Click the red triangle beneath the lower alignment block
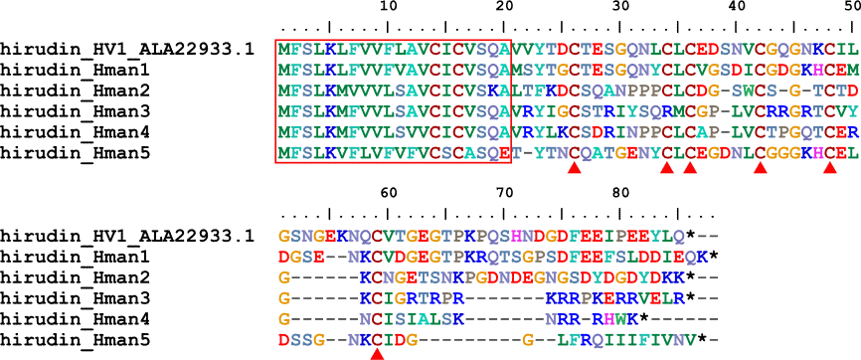point(377,356)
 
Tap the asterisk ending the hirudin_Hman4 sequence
point(643,317)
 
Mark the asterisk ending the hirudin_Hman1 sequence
point(713,256)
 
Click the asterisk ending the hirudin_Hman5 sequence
point(702,338)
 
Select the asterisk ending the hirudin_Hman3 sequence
point(690,296)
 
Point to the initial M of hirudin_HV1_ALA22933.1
point(283,50)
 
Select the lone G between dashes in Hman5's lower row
point(527,338)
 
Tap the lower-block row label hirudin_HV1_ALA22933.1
point(127,237)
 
